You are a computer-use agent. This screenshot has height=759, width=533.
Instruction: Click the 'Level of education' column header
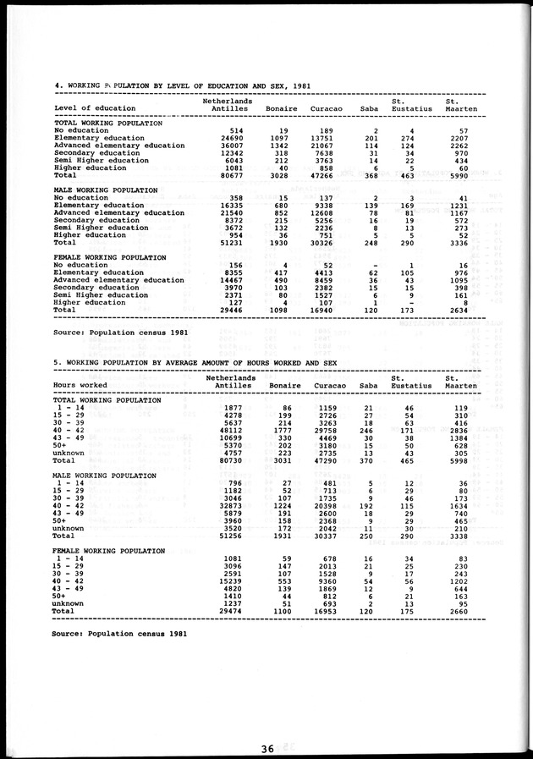pos(94,108)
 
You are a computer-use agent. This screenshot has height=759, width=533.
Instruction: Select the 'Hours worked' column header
pos(80,384)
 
